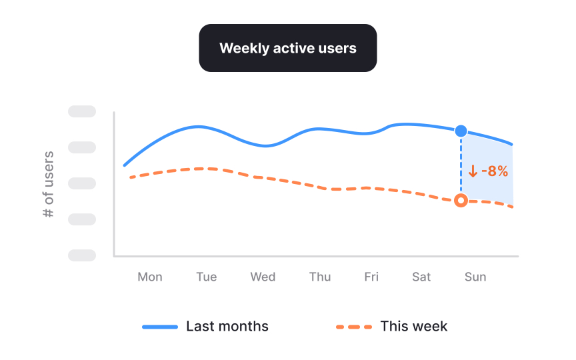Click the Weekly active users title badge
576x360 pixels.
coord(287,48)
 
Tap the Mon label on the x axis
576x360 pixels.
coord(149,277)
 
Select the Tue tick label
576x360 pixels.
coord(206,277)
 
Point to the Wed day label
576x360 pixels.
coord(263,277)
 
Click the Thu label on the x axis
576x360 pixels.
coord(320,277)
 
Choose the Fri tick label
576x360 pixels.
coord(371,277)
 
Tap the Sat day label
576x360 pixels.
coord(421,277)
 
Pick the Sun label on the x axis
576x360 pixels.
coord(475,277)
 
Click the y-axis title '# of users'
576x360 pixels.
coord(48,185)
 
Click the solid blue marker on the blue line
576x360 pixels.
coord(461,131)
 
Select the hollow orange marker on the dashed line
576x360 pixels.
coord(461,200)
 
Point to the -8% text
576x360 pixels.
coord(495,171)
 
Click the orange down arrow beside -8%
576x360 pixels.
coord(473,171)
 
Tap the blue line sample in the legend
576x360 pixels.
coord(160,327)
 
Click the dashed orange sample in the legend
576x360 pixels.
coord(353,327)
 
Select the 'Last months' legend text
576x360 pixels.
coord(227,327)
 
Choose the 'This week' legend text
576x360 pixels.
coord(413,327)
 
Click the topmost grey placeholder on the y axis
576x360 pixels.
coord(82,111)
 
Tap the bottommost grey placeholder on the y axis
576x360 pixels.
coord(82,255)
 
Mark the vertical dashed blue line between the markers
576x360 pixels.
coord(461,167)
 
